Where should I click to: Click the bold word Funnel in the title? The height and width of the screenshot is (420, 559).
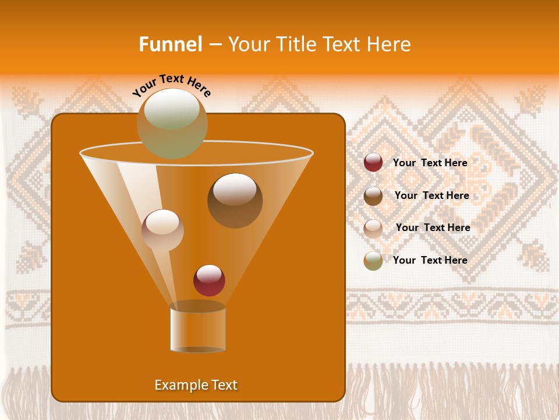170,44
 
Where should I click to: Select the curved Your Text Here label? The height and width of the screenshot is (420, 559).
172,85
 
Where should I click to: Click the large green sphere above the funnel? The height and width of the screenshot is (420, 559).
172,123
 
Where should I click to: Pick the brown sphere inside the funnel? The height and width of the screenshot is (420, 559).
235,200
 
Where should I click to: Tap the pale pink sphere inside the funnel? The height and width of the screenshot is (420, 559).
162,230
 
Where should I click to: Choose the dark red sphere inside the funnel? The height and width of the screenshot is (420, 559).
209,280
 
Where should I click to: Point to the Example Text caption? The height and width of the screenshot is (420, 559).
196,385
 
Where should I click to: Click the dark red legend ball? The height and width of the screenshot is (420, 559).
373,163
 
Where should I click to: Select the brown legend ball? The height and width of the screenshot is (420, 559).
373,195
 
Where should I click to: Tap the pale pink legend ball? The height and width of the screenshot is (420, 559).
373,228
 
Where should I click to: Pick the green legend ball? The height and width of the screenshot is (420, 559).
373,261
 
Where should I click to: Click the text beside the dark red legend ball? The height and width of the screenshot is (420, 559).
430,163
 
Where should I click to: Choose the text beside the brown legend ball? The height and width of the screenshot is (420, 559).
431,196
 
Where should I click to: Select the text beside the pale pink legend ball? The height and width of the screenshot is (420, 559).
433,228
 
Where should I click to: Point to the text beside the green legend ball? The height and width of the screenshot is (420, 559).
430,260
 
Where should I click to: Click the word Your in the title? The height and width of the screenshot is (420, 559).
247,44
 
